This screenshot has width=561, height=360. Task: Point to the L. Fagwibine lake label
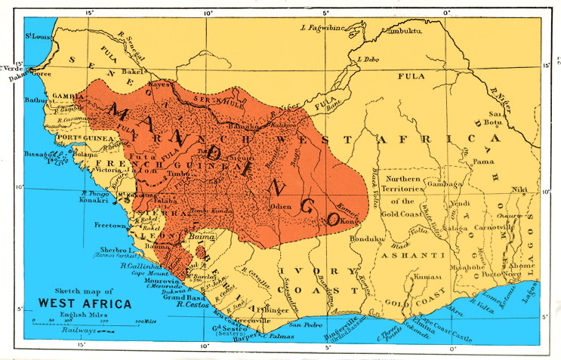click(322, 29)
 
